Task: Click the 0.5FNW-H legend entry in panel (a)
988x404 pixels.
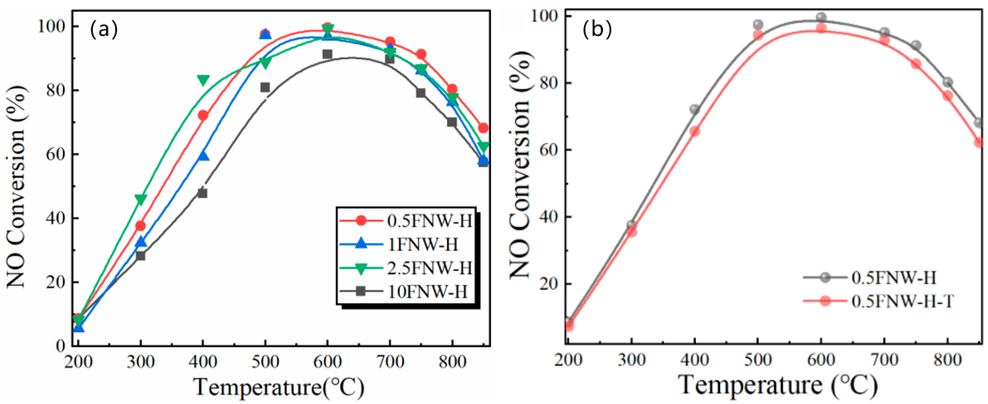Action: point(430,221)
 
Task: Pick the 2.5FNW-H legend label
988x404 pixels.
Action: point(430,268)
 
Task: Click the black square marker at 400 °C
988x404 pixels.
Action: point(202,193)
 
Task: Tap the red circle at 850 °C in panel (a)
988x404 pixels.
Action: point(483,128)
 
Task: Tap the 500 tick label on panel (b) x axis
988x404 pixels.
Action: point(758,360)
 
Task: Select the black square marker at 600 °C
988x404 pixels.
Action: point(327,54)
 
